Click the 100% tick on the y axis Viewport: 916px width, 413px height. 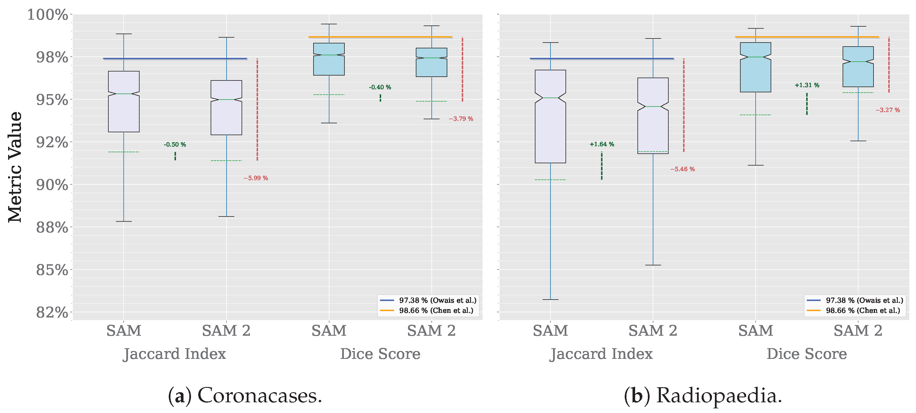(x=48, y=15)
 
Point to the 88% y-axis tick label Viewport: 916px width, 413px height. (x=52, y=227)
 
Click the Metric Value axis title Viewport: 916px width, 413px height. (x=15, y=167)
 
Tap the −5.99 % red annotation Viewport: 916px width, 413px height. (x=256, y=178)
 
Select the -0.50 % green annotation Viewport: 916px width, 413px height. (x=175, y=144)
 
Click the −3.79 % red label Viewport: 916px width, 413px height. (x=461, y=119)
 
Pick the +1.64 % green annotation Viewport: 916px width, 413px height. (x=602, y=144)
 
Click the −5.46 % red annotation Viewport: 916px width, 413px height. (x=683, y=169)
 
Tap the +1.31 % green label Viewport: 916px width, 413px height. (x=807, y=85)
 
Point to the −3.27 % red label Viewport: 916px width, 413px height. (x=888, y=110)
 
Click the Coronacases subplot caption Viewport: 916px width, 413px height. (x=245, y=396)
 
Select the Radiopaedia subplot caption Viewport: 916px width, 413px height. (x=703, y=396)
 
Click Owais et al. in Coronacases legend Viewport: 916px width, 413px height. (x=437, y=300)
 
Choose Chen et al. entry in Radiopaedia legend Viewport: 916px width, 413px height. (x=863, y=311)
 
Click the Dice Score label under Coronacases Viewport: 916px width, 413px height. (x=380, y=354)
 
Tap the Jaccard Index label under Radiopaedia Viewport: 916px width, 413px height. (x=601, y=354)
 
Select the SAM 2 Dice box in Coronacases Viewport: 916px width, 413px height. (x=431, y=68)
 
